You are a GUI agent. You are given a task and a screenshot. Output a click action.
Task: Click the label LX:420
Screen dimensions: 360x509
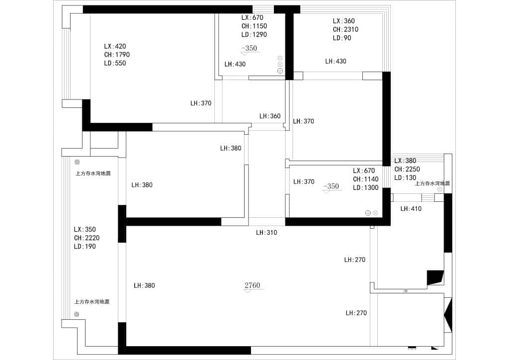tap(115, 46)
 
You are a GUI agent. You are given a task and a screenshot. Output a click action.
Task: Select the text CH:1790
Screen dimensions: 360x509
tap(117, 55)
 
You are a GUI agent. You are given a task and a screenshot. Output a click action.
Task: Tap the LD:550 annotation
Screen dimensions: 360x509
tap(115, 63)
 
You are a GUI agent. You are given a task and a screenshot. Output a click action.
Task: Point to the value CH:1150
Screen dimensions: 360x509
tap(254, 26)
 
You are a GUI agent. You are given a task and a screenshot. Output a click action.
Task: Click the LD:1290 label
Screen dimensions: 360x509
tap(254, 35)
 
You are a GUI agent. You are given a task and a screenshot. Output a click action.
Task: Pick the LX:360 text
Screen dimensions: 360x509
tap(344, 21)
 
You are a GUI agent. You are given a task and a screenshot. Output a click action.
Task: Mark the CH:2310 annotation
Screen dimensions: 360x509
tap(345, 29)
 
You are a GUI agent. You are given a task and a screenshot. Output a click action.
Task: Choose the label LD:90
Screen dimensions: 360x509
tap(342, 38)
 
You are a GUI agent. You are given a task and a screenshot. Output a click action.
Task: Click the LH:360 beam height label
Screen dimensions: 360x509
tap(270, 116)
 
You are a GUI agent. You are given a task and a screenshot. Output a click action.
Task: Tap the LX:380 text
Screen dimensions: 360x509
tap(405, 161)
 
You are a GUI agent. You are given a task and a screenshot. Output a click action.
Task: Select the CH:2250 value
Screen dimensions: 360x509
tap(407, 169)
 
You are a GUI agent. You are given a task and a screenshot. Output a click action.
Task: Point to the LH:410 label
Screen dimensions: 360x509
tap(411, 209)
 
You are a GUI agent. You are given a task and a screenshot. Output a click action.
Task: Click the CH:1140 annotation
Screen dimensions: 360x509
tap(366, 179)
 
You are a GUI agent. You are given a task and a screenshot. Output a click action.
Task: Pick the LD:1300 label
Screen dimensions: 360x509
tap(366, 187)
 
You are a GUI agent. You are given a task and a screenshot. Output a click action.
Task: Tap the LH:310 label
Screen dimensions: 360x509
tap(266, 232)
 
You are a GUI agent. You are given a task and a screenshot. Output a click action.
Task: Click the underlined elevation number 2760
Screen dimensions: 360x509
tap(253, 285)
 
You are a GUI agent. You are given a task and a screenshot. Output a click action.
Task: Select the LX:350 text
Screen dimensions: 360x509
tap(85, 230)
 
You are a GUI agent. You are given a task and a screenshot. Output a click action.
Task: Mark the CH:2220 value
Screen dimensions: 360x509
tap(86, 238)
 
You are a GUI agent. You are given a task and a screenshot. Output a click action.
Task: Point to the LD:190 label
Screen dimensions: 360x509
tap(85, 247)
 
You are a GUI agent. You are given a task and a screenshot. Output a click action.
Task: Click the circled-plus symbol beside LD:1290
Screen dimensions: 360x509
tap(280, 71)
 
